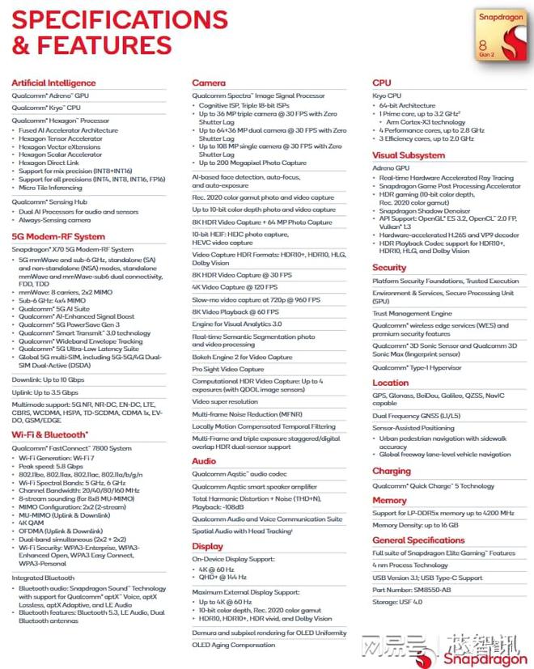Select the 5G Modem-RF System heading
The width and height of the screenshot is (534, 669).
click(57, 237)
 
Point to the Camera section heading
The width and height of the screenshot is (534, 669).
click(208, 83)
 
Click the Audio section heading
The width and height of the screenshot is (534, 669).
click(204, 460)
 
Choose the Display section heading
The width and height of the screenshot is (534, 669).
click(207, 546)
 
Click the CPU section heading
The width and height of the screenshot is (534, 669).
click(381, 83)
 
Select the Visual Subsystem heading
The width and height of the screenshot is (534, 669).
click(408, 155)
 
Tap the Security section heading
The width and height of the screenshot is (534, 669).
click(389, 268)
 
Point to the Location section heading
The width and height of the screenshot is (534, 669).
click(390, 383)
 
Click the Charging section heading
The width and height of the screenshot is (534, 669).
click(392, 471)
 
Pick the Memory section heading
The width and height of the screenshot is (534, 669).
click(389, 501)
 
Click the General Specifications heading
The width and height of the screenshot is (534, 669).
click(418, 540)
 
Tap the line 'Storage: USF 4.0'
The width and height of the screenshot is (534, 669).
click(399, 602)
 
